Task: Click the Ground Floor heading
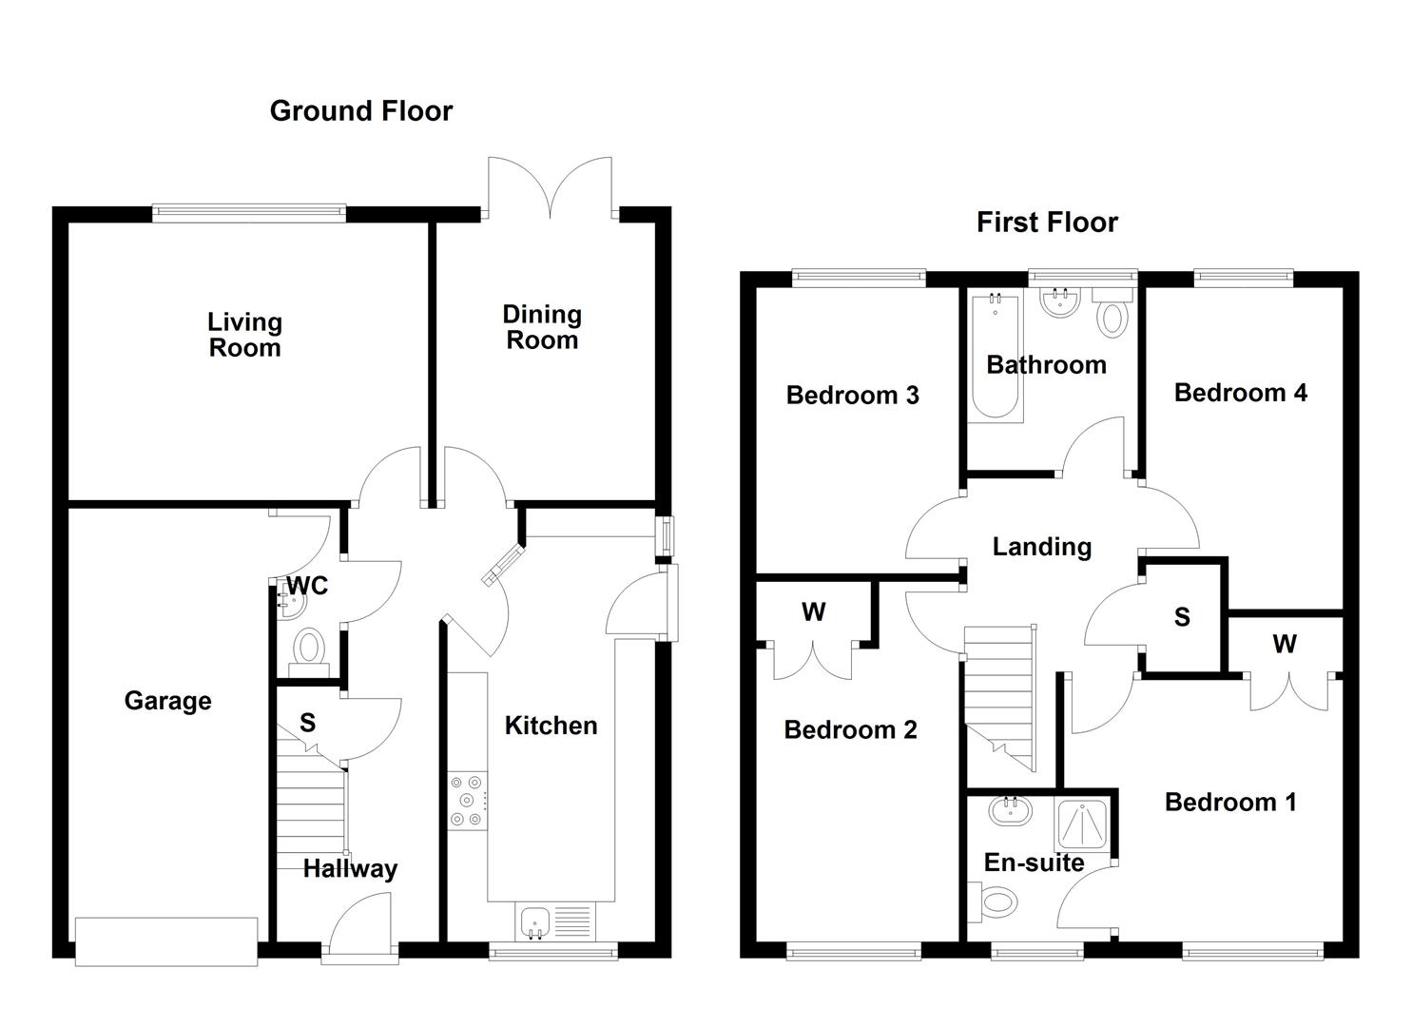[x=361, y=111]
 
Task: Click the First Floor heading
[x=1047, y=223]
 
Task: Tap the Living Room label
[x=244, y=335]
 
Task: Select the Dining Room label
[x=542, y=327]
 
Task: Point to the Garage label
[x=167, y=702]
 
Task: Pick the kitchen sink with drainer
[x=555, y=921]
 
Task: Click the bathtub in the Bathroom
[x=996, y=359]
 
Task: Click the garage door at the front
[x=166, y=940]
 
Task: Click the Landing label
[x=1041, y=547]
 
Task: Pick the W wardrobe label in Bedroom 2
[x=813, y=612]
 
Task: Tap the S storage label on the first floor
[x=1182, y=618]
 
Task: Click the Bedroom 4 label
[x=1240, y=393]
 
